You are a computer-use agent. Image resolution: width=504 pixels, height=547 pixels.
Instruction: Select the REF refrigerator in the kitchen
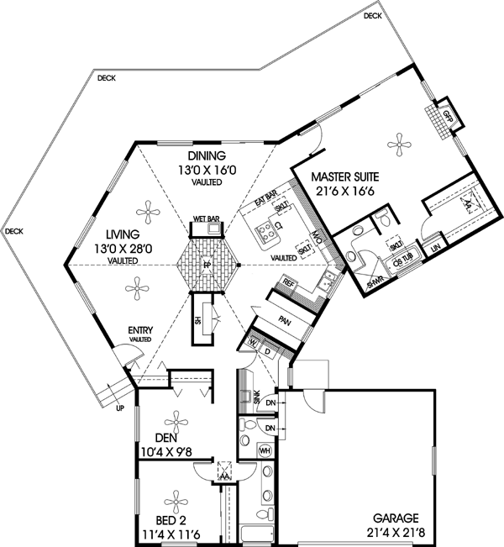(289, 283)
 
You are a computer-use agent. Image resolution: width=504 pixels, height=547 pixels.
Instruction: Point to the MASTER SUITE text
(345, 177)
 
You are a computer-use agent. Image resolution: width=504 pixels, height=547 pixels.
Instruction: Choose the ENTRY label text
(139, 330)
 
